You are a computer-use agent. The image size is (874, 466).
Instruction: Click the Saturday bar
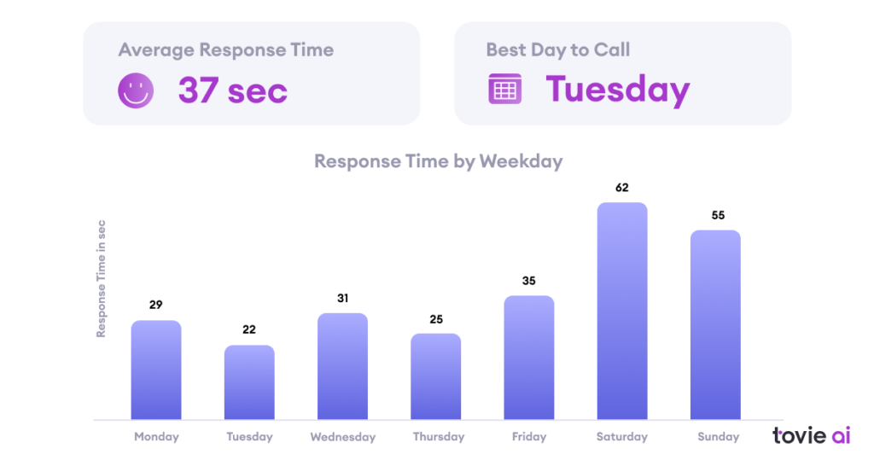pyautogui.click(x=622, y=312)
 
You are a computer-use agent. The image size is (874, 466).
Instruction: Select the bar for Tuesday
pyautogui.click(x=249, y=382)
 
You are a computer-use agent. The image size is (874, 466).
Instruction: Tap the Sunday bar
pyautogui.click(x=715, y=325)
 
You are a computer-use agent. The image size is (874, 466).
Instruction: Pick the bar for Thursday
pyautogui.click(x=435, y=376)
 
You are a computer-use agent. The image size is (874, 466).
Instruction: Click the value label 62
pyautogui.click(x=622, y=188)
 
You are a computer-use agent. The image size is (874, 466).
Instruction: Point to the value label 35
pyautogui.click(x=529, y=281)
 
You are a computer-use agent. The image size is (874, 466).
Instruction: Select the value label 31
pyautogui.click(x=342, y=299)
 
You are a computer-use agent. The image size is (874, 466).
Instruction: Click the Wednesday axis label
pyautogui.click(x=342, y=437)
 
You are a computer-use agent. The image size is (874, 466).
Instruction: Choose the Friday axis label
pyautogui.click(x=529, y=437)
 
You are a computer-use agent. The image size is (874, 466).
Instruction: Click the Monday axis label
pyautogui.click(x=156, y=437)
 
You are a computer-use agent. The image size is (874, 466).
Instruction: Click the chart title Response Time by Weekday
pyautogui.click(x=438, y=161)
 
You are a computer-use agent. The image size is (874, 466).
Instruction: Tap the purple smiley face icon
pyautogui.click(x=136, y=90)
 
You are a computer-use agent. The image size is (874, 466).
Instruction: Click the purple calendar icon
pyautogui.click(x=504, y=89)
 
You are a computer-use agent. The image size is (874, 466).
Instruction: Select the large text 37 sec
pyautogui.click(x=232, y=90)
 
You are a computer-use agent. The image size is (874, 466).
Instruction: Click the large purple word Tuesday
pyautogui.click(x=617, y=90)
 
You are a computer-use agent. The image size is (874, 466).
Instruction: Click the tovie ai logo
pyautogui.click(x=811, y=435)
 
